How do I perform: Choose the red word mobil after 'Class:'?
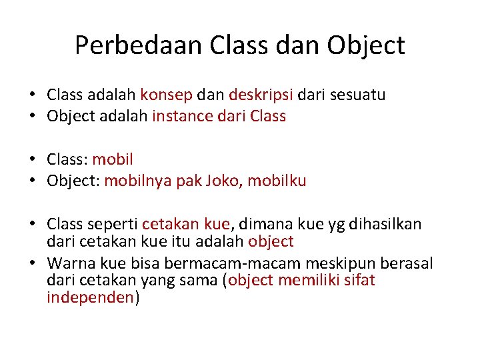click(x=113, y=159)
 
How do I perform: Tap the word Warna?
click(x=69, y=263)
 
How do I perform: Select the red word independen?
click(x=90, y=298)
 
